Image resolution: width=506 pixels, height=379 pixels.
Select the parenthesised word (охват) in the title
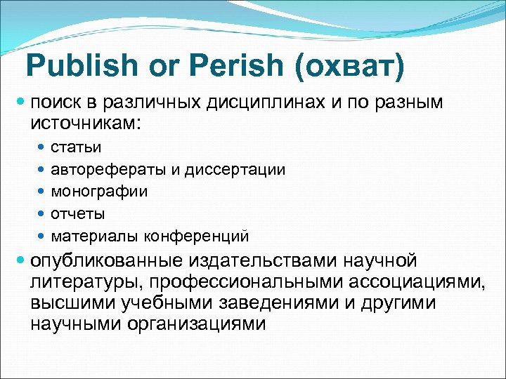point(349,66)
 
